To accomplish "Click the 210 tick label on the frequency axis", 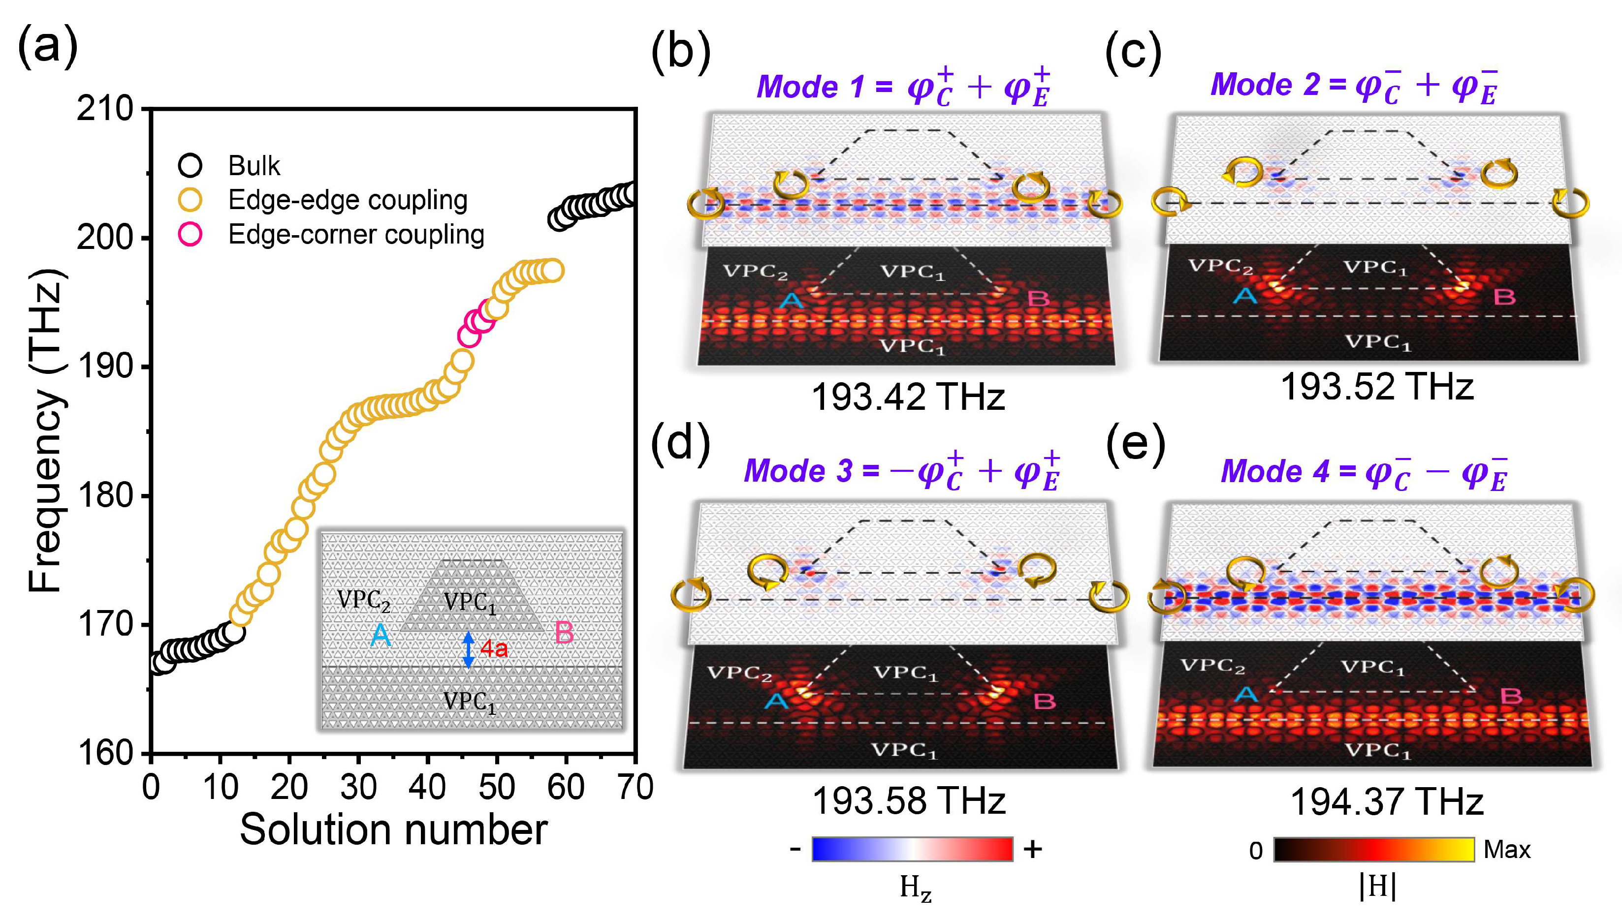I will (x=105, y=109).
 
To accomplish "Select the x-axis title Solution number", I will (x=393, y=829).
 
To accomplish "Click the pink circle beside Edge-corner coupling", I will (x=190, y=234).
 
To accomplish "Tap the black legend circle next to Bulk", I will (x=190, y=165).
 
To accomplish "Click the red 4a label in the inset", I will (x=494, y=648).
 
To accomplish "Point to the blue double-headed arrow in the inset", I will (x=468, y=649).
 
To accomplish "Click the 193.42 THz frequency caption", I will (x=907, y=398).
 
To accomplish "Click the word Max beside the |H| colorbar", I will (x=1506, y=850).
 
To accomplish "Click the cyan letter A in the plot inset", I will (x=380, y=635).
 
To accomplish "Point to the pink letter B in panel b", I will (x=1038, y=299).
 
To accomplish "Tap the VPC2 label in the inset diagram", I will (x=363, y=600).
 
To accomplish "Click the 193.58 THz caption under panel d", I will (x=908, y=801).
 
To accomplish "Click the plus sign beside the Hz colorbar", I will (x=1033, y=850).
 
